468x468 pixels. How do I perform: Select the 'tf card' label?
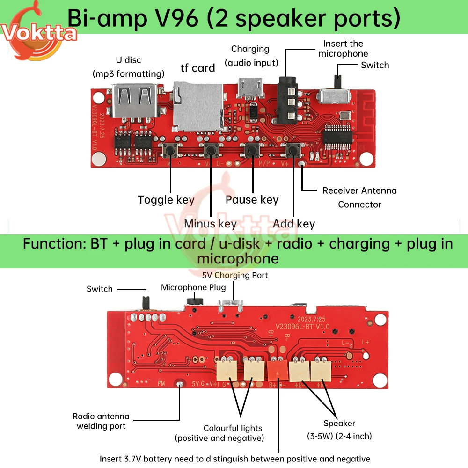coord(197,68)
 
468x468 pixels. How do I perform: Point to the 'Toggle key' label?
coord(166,200)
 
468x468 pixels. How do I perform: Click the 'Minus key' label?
coord(210,223)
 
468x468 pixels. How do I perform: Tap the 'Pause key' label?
coord(252,200)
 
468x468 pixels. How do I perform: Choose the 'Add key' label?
coord(294,223)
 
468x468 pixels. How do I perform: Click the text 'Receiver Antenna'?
coord(359,190)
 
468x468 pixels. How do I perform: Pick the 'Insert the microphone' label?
coord(343,49)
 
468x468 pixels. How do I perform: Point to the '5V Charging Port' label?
coord(235,275)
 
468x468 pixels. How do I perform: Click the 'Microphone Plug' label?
coord(193,287)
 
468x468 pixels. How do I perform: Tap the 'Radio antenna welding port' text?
coord(101,421)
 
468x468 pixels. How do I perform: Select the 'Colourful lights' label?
coord(233,428)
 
